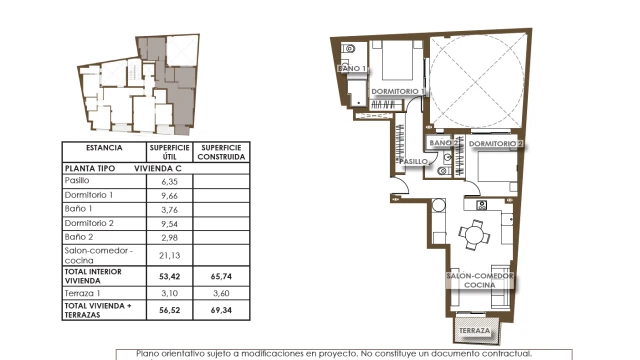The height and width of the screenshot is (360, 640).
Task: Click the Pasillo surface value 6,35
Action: (x=169, y=182)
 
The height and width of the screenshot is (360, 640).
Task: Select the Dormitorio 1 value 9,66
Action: (x=169, y=196)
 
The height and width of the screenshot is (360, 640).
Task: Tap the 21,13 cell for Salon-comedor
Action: (x=169, y=256)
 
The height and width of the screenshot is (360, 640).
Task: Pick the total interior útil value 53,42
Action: (x=169, y=276)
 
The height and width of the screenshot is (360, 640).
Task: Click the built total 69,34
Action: (x=221, y=310)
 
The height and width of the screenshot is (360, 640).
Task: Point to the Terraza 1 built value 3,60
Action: (x=221, y=293)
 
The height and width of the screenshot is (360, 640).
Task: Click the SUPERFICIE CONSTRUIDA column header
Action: (x=221, y=152)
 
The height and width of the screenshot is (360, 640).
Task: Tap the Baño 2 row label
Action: (x=79, y=237)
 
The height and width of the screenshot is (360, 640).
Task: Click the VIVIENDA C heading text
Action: (x=158, y=168)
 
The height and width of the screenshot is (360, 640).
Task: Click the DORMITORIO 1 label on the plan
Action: (x=398, y=91)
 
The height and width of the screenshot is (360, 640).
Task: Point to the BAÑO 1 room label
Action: (x=352, y=69)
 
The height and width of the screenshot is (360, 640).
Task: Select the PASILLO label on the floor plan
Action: (x=413, y=162)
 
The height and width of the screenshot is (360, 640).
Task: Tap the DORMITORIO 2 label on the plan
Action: (x=496, y=144)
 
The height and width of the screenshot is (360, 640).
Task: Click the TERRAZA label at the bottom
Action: (x=475, y=331)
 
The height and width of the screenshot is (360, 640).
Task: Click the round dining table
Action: (x=474, y=235)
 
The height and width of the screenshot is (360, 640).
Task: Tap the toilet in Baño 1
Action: (x=349, y=49)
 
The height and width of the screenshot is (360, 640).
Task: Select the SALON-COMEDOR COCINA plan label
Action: (x=480, y=280)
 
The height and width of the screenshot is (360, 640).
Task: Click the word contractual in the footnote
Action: (x=509, y=354)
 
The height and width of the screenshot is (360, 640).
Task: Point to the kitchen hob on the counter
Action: (x=482, y=205)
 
